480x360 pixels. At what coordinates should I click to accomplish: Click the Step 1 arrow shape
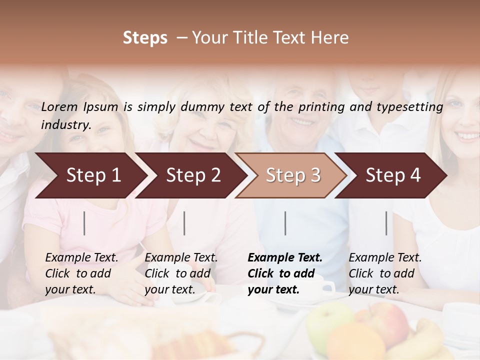click(x=90, y=175)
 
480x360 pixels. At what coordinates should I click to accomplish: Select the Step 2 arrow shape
click(x=190, y=175)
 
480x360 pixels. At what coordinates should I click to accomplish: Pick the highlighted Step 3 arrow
click(x=291, y=175)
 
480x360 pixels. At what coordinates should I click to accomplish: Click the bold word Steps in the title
click(x=145, y=38)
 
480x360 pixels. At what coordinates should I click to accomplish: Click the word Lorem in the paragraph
click(x=59, y=106)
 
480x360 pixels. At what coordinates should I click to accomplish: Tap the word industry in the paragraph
click(x=66, y=124)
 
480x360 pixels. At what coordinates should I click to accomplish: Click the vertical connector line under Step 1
click(x=84, y=223)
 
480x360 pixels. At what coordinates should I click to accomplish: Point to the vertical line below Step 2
click(x=184, y=223)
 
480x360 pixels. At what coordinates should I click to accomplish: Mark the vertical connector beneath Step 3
click(x=285, y=223)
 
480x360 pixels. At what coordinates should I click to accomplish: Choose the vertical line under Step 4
click(x=386, y=223)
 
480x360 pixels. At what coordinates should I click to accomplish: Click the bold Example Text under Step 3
click(x=285, y=257)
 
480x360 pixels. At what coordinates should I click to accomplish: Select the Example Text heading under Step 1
click(x=81, y=257)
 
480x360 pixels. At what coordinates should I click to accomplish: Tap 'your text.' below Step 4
click(x=373, y=289)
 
